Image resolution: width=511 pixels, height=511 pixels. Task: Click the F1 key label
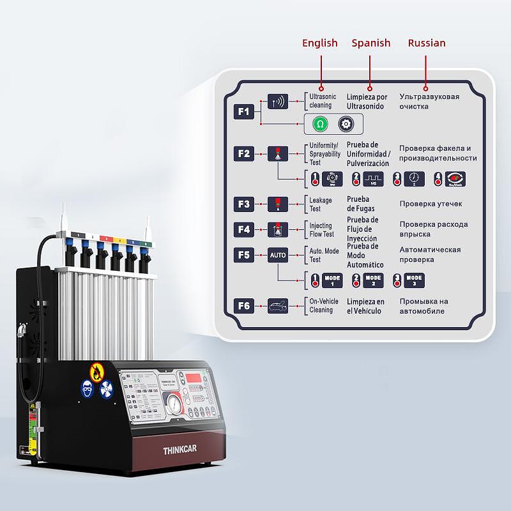[x=243, y=111]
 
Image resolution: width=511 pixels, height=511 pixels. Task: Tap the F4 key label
[x=243, y=229]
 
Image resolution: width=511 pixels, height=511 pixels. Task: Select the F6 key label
[x=243, y=305]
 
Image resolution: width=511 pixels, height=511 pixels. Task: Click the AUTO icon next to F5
[x=278, y=255]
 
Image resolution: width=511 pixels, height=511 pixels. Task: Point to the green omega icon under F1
[x=321, y=123]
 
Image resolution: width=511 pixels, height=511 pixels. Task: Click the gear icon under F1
[x=346, y=123]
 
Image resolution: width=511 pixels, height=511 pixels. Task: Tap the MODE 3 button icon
[x=414, y=280]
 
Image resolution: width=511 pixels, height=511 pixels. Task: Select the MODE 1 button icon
[x=332, y=280]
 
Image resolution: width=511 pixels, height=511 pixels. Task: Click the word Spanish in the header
[x=370, y=43]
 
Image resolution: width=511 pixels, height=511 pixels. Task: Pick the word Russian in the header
[x=427, y=43]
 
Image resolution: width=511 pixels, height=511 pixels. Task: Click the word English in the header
[x=319, y=43]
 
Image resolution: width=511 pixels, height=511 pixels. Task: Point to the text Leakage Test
[x=321, y=204]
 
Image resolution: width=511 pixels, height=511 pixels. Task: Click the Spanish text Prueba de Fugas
[x=360, y=204]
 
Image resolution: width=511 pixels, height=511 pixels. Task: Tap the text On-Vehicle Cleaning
[x=322, y=305]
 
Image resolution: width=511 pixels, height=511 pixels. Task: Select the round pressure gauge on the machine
[x=174, y=405]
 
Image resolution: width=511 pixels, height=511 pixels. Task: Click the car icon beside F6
[x=278, y=305]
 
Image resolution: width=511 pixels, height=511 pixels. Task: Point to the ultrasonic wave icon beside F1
[x=278, y=101]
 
